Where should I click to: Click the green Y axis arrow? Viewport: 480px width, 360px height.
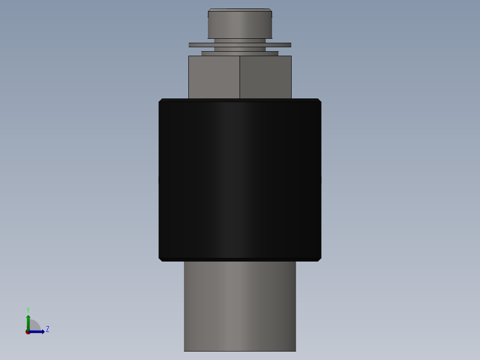[x=28, y=320]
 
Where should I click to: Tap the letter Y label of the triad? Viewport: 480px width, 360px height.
[x=28, y=310]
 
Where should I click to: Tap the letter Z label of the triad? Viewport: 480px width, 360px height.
[x=47, y=330]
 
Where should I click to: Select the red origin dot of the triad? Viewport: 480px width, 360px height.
[x=28, y=332]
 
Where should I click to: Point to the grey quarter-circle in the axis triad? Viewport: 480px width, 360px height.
[x=35, y=326]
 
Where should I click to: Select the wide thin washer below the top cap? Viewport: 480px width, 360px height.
[x=240, y=45]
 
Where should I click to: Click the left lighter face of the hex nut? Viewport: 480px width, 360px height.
[x=214, y=77]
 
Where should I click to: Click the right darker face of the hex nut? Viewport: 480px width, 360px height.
[x=265, y=77]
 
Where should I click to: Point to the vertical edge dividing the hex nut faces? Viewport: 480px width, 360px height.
[x=240, y=77]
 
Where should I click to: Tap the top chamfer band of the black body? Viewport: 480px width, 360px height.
[x=240, y=100]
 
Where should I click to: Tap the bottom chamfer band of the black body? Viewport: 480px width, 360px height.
[x=240, y=259]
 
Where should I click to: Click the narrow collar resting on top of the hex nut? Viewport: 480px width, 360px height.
[x=240, y=53]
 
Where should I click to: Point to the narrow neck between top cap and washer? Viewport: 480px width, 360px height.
[x=240, y=41]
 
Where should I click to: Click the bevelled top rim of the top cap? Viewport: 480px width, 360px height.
[x=240, y=10]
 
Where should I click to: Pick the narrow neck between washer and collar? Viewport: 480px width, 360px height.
[x=240, y=49]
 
